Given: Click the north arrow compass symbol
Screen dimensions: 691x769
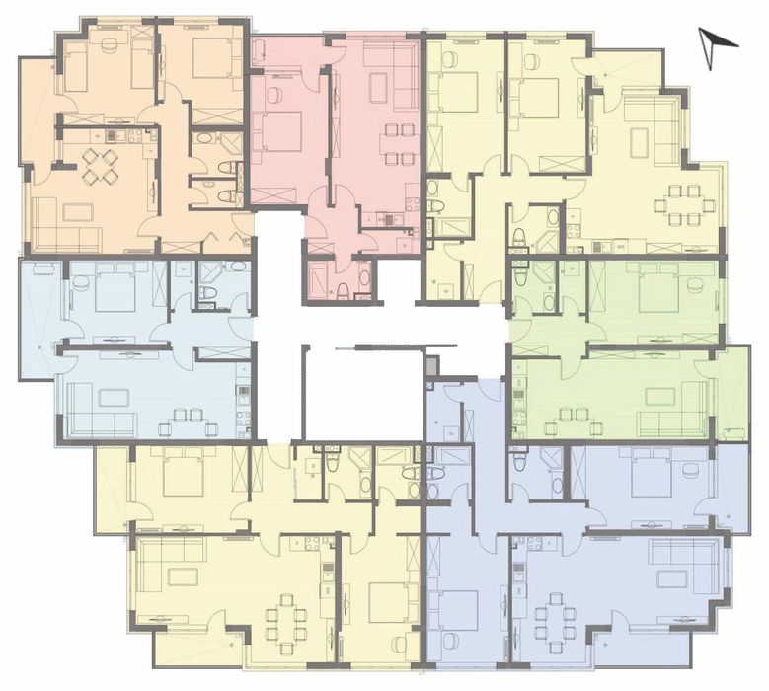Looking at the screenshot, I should click(718, 40).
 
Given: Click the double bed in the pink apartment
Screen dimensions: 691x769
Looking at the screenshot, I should click(280, 130).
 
